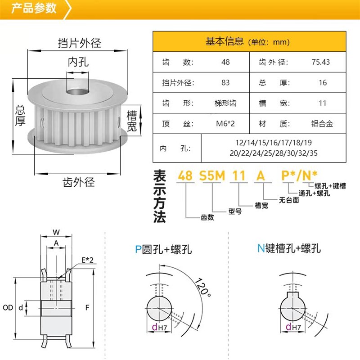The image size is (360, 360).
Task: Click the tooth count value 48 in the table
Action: click(225, 62)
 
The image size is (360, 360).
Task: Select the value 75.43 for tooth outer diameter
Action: click(320, 62)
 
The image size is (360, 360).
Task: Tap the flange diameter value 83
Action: click(225, 83)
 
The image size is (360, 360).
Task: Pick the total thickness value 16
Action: click(322, 83)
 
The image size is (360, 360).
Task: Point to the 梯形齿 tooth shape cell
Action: click(225, 103)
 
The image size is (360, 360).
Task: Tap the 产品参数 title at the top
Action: click(34, 8)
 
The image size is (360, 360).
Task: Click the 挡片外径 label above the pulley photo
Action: click(80, 43)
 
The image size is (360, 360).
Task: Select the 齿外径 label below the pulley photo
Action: click(79, 182)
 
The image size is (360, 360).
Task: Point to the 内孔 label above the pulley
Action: click(78, 62)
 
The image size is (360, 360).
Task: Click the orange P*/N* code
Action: click(300, 175)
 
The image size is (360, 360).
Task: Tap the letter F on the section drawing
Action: click(86, 308)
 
